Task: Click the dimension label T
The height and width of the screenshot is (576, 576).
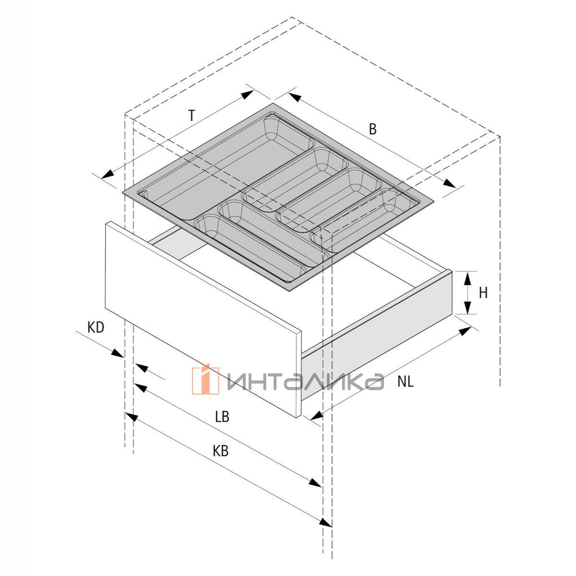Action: point(192,115)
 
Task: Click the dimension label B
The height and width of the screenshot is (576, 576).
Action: point(372,129)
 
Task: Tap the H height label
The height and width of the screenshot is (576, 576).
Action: point(483,293)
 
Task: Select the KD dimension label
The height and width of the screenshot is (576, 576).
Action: point(96,328)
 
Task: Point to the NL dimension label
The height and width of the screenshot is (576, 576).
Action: point(406,382)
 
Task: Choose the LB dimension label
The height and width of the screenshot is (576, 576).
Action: point(222,417)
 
